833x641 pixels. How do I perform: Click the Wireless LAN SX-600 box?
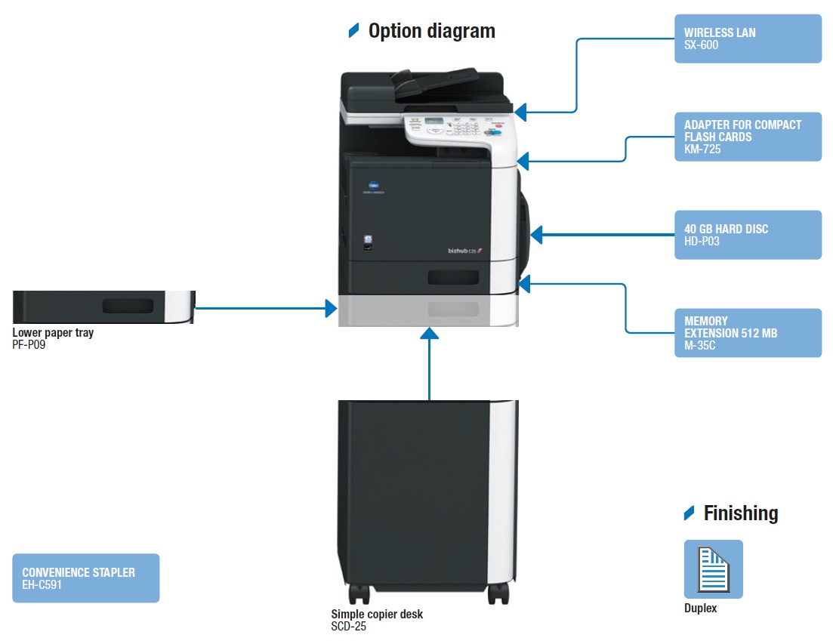tap(747, 39)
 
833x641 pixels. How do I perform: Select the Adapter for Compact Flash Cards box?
tap(747, 137)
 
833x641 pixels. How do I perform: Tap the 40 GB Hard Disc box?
tap(747, 235)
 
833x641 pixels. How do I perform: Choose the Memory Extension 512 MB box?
tap(747, 332)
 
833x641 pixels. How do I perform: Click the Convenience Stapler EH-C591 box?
tap(85, 578)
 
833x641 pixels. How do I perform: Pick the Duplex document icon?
tap(713, 569)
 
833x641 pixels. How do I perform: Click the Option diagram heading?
tap(431, 31)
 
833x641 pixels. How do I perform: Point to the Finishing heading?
tap(740, 513)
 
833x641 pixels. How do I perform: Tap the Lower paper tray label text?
tap(53, 333)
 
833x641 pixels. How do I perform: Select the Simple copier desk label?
tap(377, 615)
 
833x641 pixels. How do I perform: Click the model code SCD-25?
tap(348, 626)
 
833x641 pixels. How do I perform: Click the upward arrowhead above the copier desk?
tap(429, 333)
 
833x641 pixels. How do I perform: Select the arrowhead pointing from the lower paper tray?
tap(331, 308)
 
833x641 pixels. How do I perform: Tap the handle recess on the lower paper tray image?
tap(128, 306)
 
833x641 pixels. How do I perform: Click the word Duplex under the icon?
tap(700, 608)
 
